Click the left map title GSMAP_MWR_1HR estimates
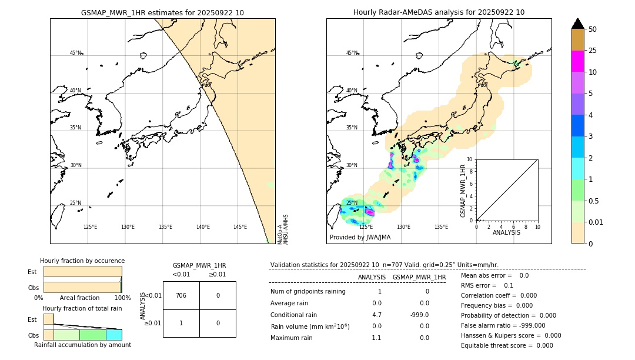click(x=162, y=12)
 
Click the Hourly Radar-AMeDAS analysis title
click(x=439, y=12)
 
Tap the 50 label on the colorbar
click(x=593, y=29)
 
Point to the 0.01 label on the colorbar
click(x=596, y=222)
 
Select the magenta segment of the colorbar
click(x=577, y=61)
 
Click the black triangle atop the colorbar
click(x=577, y=24)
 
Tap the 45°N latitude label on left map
click(x=76, y=53)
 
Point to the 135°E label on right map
click(x=441, y=227)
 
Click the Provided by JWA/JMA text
click(x=360, y=238)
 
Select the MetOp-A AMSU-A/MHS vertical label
click(x=283, y=229)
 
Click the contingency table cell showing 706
click(x=181, y=295)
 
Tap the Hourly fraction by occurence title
click(x=82, y=261)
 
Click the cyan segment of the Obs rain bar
click(x=113, y=335)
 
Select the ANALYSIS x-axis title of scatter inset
click(x=506, y=232)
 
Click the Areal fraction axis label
click(x=79, y=298)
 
